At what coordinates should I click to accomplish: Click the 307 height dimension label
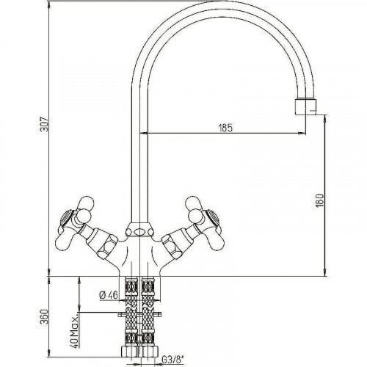click(x=45, y=124)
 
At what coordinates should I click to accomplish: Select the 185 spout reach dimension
click(x=225, y=128)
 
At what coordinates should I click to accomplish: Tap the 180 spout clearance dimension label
click(x=319, y=200)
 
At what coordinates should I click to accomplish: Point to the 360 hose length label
click(x=45, y=317)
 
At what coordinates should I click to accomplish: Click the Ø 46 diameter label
click(x=109, y=295)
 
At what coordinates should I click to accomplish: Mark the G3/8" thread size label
click(x=172, y=360)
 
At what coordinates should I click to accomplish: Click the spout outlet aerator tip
click(x=305, y=106)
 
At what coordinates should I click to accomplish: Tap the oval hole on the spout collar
click(x=139, y=231)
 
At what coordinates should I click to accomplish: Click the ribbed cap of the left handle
click(x=67, y=217)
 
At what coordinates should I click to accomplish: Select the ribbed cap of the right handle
click(x=212, y=217)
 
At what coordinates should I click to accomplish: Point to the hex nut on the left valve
click(x=106, y=249)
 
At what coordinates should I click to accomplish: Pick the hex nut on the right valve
click(x=173, y=249)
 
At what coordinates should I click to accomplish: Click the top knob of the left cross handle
click(x=85, y=203)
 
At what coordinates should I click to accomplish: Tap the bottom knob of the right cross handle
click(x=216, y=241)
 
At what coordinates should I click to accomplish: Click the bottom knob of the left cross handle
click(x=63, y=241)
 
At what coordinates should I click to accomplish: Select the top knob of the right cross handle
click(x=193, y=203)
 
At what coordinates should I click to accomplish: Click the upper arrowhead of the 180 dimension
click(x=325, y=119)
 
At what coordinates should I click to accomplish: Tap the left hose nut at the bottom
click(x=129, y=352)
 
